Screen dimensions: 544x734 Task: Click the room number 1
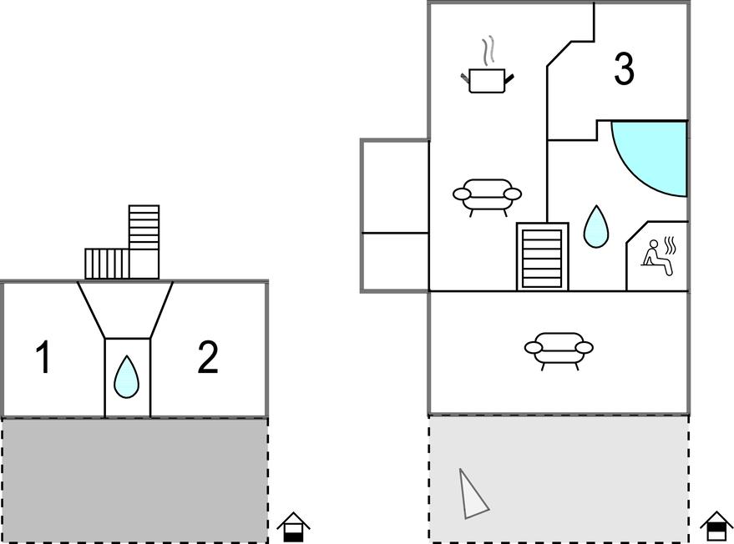coord(43,358)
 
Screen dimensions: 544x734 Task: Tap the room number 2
coord(207,358)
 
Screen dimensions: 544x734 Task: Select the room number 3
coord(624,69)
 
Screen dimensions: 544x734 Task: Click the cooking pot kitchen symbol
coord(487,80)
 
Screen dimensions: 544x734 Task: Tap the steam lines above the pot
coord(488,51)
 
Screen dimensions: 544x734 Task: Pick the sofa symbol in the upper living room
coord(487,196)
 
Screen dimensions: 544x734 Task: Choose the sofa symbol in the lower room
coord(559,349)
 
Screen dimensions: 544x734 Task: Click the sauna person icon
coord(658,252)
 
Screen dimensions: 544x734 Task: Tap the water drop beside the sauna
coord(595,227)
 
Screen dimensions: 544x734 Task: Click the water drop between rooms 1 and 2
coord(126,377)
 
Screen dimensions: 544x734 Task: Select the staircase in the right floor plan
coord(542,256)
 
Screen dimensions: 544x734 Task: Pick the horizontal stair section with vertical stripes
coord(107,264)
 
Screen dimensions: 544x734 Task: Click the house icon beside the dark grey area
coord(293,527)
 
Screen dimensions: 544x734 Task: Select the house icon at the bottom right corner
coord(716,526)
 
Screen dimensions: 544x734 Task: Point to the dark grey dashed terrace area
coord(134,480)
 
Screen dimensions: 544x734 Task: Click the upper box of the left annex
coord(395,185)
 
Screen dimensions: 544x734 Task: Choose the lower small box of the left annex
coord(395,261)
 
